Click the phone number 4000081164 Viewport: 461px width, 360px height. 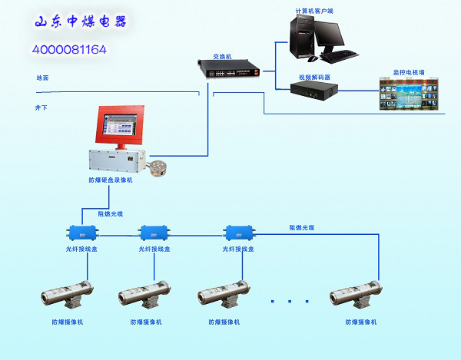coord(69,49)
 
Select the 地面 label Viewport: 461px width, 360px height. coord(42,78)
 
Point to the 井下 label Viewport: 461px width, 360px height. coord(41,107)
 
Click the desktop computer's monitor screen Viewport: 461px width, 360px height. coord(328,35)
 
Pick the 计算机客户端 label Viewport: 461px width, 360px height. coord(314,11)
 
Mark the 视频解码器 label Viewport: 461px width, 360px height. coord(313,77)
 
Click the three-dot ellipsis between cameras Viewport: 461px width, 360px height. coord(290,300)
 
